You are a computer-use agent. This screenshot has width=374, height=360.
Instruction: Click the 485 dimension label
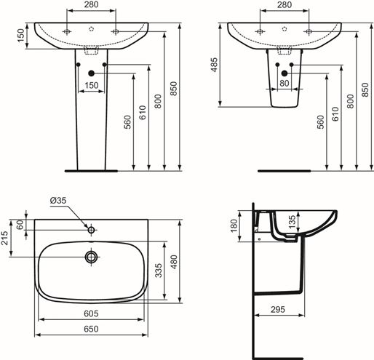214,65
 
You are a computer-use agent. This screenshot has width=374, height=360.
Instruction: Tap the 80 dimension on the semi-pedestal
285,84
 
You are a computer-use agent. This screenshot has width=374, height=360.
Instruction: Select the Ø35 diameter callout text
58,201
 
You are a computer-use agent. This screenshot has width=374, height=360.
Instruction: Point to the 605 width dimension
91,313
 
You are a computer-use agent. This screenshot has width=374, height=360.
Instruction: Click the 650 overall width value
91,329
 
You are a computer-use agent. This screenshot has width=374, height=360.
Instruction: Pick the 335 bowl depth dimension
159,271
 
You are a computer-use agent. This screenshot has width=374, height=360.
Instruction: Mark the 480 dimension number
174,262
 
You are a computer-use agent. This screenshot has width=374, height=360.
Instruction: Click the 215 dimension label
4,238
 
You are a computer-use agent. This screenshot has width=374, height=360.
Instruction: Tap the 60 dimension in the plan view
20,225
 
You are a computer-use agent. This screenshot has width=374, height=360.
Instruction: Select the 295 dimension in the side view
278,309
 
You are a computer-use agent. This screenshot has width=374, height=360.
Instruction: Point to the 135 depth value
293,222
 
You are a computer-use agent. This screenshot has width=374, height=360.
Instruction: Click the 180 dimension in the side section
234,225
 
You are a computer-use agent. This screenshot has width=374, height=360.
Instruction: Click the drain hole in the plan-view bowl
91,257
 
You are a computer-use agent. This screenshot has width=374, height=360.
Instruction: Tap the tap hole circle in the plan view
91,230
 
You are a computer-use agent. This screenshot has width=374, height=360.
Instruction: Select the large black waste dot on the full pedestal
91,73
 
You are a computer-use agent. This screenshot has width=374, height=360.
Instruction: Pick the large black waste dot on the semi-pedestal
285,73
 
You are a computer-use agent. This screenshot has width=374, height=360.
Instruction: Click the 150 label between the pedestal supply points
92,85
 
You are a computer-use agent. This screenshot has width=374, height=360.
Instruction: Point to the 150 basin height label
21,36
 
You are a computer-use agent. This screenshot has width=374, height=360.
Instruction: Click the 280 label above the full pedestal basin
91,4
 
